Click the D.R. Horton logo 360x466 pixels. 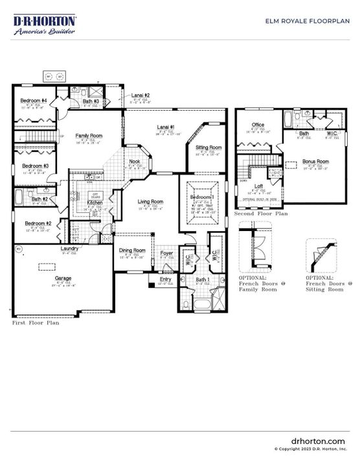click(x=45, y=25)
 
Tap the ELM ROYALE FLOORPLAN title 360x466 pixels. click(x=308, y=21)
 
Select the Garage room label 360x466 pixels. click(x=63, y=278)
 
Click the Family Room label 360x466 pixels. click(x=89, y=135)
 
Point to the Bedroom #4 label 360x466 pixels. click(x=33, y=101)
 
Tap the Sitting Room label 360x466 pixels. click(x=208, y=148)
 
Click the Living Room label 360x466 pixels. click(x=150, y=202)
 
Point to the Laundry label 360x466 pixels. click(x=70, y=249)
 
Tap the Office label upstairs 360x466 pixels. click(x=258, y=125)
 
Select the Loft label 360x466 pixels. click(x=258, y=186)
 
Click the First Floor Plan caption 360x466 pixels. click(x=36, y=322)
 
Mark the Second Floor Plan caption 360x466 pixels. click(x=261, y=212)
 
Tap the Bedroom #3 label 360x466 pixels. click(x=32, y=166)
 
